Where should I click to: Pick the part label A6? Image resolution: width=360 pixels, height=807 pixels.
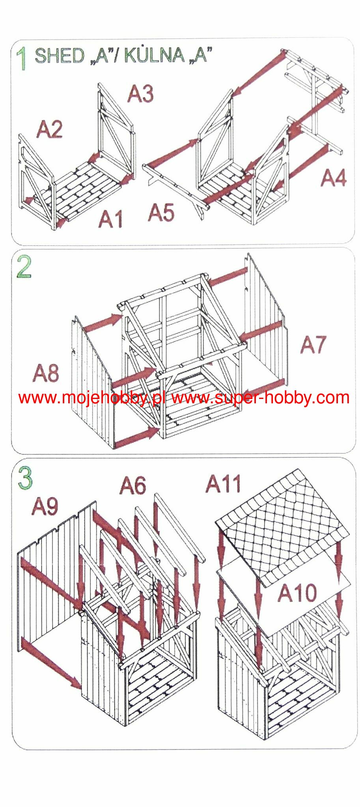133,485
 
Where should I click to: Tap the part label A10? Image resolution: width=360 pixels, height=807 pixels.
297,593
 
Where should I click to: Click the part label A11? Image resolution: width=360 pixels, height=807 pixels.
223,484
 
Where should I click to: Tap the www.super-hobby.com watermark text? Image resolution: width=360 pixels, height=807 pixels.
260,398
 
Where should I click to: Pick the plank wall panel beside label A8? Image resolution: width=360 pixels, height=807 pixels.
93,382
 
